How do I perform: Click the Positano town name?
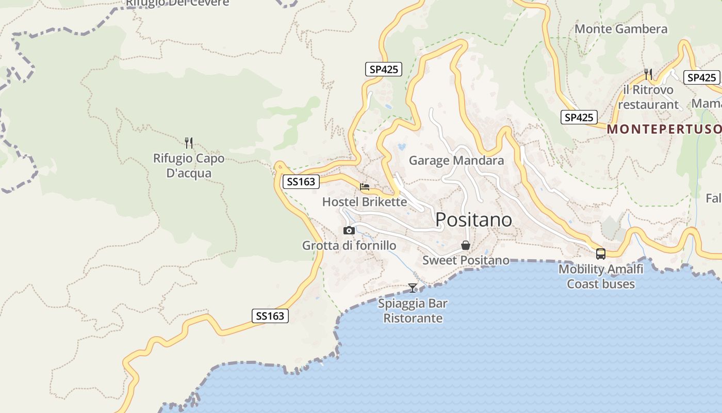(x=473, y=220)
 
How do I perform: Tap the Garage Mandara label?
(x=456, y=161)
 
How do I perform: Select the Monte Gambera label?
(x=621, y=29)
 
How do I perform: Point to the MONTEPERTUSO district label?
(x=664, y=129)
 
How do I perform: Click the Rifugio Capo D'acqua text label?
(x=189, y=165)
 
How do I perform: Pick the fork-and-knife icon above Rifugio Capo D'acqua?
(x=189, y=143)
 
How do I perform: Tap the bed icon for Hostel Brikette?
(x=365, y=187)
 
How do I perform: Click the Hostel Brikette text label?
(x=365, y=202)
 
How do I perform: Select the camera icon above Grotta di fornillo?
(x=349, y=230)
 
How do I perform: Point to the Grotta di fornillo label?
(x=349, y=246)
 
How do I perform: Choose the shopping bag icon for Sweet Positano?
(x=466, y=245)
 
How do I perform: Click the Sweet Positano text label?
(x=466, y=260)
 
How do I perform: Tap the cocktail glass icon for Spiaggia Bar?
(x=413, y=288)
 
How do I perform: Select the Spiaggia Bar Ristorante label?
(x=413, y=311)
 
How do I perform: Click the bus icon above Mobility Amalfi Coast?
(x=601, y=254)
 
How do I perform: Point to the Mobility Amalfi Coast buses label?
(x=601, y=277)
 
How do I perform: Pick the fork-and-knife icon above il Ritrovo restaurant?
(x=648, y=74)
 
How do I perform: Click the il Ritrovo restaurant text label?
(x=648, y=97)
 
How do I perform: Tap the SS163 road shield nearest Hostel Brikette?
(x=301, y=182)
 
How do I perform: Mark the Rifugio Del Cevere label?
(x=177, y=3)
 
